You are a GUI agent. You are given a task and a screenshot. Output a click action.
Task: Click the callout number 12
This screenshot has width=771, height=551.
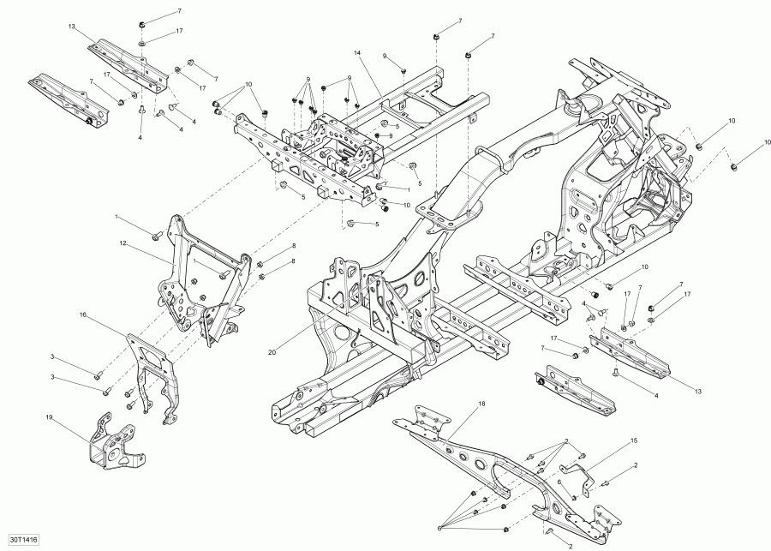(123, 243)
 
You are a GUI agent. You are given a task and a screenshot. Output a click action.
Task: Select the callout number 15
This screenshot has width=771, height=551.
(635, 440)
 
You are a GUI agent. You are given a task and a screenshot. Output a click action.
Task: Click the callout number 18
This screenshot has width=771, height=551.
(481, 403)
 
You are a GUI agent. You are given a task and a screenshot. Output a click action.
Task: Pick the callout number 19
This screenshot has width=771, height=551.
(49, 417)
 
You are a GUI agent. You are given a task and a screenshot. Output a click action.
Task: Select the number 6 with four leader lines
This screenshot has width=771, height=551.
(441, 526)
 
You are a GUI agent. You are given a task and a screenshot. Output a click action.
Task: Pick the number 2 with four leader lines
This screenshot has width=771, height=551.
(566, 440)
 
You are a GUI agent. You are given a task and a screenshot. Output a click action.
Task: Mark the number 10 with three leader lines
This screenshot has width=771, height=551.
(249, 85)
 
